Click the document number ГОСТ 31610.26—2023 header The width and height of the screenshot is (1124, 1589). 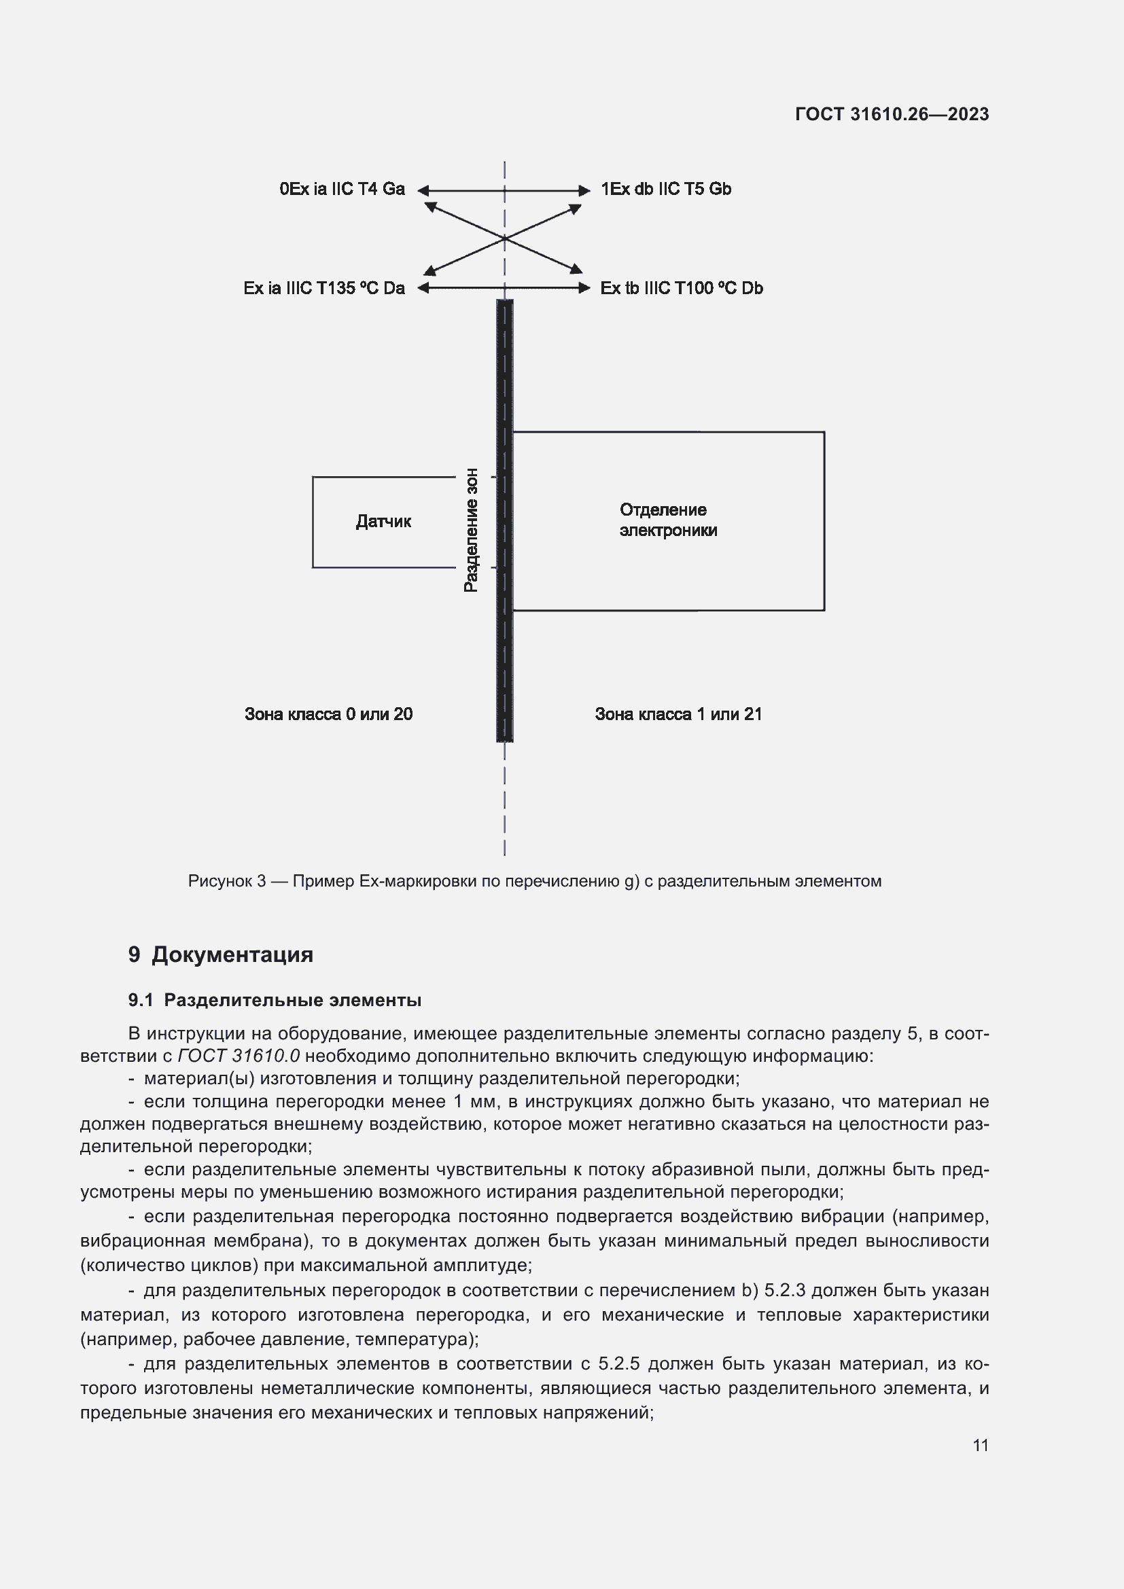pyautogui.click(x=892, y=114)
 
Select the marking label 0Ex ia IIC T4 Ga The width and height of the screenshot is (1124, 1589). pyautogui.click(x=342, y=189)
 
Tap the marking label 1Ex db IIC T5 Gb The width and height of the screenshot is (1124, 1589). pyautogui.click(x=665, y=189)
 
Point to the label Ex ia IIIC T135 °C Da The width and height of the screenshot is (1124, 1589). pyautogui.click(x=324, y=288)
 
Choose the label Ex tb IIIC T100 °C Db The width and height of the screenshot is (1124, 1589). pyautogui.click(x=681, y=288)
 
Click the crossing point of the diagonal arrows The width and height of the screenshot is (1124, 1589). pyautogui.click(x=504, y=238)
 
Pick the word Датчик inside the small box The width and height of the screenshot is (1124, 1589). pyautogui.click(x=383, y=521)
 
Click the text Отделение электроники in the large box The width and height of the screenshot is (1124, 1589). pyautogui.click(x=667, y=520)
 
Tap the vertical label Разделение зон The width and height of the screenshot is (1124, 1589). pyautogui.click(x=471, y=530)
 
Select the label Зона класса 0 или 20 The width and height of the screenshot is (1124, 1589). pyautogui.click(x=328, y=714)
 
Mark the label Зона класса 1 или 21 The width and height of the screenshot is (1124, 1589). pyautogui.click(x=678, y=714)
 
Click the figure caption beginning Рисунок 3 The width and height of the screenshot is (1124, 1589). pyautogui.click(x=534, y=881)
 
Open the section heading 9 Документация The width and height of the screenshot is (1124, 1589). pyautogui.click(x=221, y=954)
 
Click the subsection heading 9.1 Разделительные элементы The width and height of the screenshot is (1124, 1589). pyautogui.click(x=275, y=1000)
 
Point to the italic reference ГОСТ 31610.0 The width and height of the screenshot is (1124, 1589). pyautogui.click(x=239, y=1056)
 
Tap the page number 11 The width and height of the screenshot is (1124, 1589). pyautogui.click(x=980, y=1445)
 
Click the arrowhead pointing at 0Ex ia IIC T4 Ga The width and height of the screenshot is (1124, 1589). pyautogui.click(x=423, y=190)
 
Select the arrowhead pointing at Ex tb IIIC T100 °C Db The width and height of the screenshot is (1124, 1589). pyautogui.click(x=585, y=288)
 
